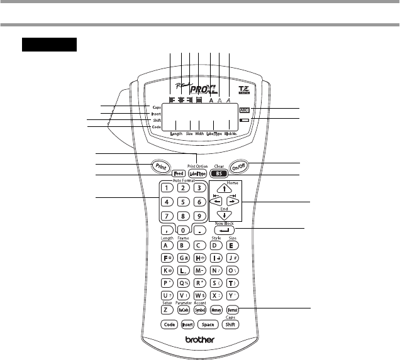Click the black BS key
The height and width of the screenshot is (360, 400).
tap(218, 173)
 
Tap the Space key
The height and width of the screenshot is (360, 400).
tap(208, 325)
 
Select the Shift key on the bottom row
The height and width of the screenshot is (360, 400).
tap(231, 325)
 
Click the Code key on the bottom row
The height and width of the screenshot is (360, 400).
tap(169, 325)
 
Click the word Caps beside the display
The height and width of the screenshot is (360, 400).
tap(156, 107)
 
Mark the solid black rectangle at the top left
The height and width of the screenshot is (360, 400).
tap(49, 45)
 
